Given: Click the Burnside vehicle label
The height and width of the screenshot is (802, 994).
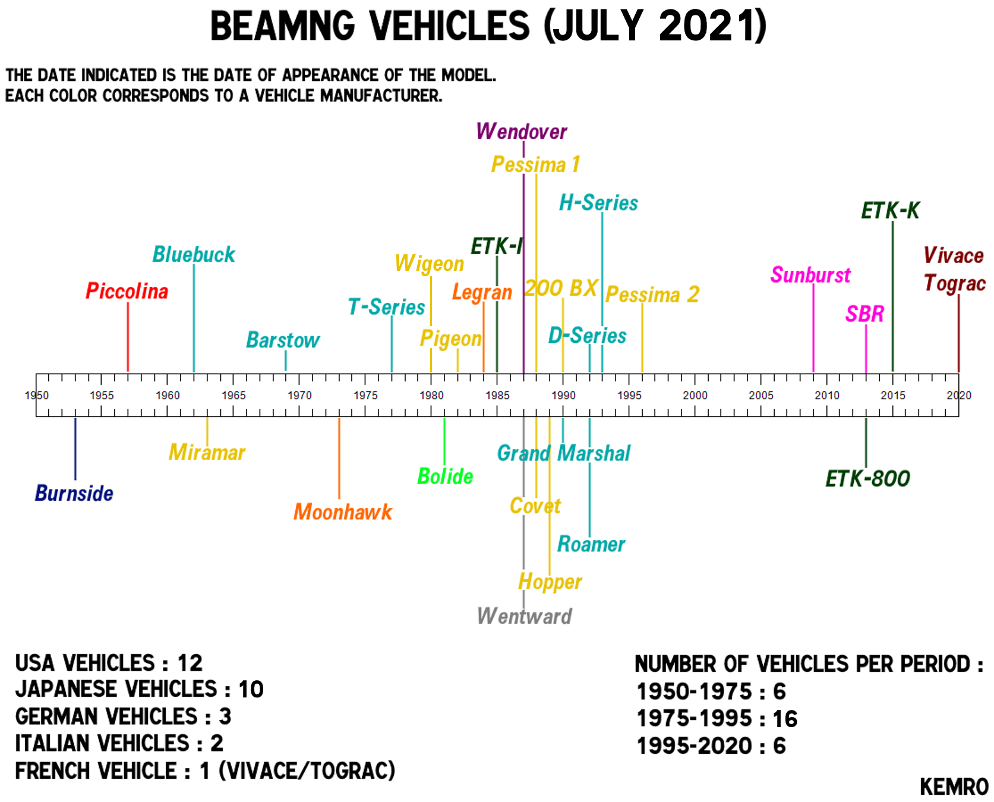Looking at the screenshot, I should [74, 493].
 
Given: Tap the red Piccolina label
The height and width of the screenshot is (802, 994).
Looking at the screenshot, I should [127, 291].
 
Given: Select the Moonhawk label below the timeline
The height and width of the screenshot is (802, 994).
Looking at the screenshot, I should [343, 511].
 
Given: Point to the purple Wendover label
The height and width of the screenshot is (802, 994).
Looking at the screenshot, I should [522, 131].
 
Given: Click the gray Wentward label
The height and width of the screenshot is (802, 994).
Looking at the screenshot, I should [525, 616].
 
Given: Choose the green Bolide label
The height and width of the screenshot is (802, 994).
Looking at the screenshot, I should [445, 476].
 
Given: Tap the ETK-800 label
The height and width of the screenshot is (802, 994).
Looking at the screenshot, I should [867, 478].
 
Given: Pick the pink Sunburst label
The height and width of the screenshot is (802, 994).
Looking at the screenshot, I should [810, 275].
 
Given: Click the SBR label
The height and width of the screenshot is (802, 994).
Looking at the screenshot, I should [864, 314].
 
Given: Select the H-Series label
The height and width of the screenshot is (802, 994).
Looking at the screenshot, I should [598, 203].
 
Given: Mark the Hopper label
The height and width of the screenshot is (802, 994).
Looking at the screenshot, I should [550, 582].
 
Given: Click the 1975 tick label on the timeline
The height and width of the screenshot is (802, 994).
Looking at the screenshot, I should [365, 396].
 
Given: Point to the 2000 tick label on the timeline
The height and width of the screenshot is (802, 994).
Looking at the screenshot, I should [695, 396].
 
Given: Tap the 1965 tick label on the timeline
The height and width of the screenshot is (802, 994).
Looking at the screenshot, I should [233, 396].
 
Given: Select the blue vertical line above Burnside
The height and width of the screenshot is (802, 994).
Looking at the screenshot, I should [75, 449].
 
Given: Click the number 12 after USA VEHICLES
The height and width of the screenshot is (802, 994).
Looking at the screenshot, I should [190, 663].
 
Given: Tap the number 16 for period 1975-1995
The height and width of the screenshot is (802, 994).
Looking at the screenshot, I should [785, 719].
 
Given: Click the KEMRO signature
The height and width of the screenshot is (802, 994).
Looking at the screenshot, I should [954, 787].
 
